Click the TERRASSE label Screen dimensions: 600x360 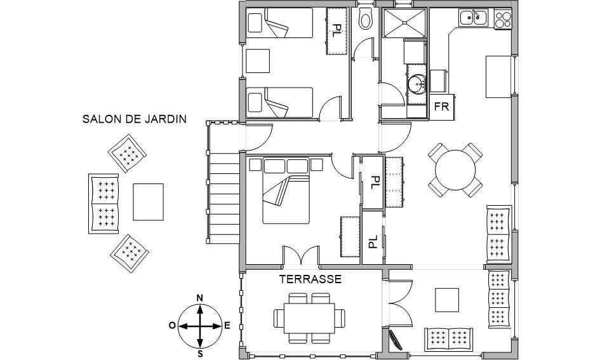310,279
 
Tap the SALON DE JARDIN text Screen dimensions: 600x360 135,119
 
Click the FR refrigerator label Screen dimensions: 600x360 441,107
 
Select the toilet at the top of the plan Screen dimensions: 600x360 366,18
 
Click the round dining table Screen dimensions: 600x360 455,170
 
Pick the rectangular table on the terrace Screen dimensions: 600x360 309,318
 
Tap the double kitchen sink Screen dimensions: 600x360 474,18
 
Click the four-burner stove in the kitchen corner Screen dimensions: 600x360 503,19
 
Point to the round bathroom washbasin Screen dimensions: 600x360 417,84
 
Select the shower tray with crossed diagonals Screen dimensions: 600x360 404,23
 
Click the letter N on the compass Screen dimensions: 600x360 199,298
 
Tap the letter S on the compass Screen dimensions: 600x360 199,354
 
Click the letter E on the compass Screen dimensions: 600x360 227,326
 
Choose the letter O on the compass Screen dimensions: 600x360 172,326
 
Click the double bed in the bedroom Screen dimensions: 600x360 286,190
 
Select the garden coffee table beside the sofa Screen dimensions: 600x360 148,202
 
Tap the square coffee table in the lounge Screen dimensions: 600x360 447,300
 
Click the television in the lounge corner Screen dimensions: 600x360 395,339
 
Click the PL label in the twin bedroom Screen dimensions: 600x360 337,30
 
